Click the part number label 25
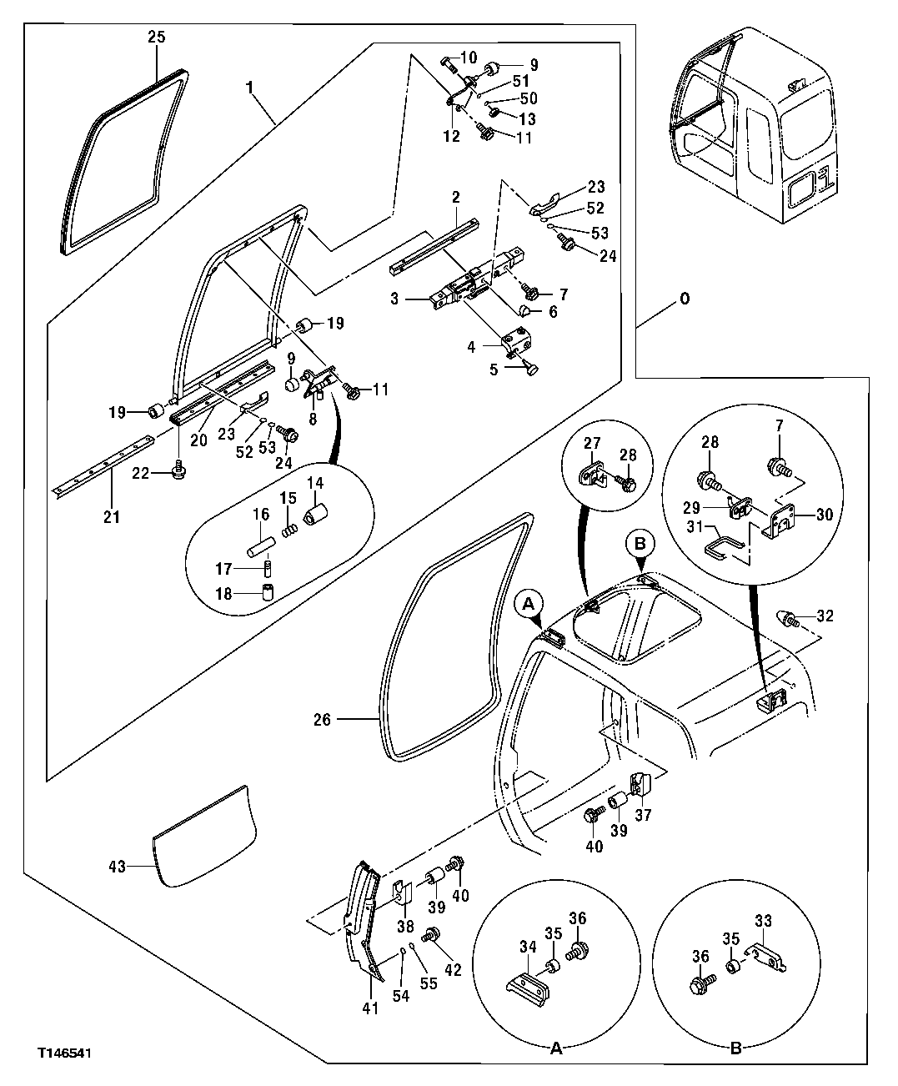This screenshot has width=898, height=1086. coord(157,37)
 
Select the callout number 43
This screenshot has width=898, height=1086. coord(117,867)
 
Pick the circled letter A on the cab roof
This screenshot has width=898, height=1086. coord(529,603)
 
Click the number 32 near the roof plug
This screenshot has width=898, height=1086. coord(825,616)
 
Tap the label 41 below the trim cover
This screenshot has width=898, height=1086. coord(370,1008)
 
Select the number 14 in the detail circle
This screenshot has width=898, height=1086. coord(317,483)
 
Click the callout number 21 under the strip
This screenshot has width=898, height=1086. coord(112,517)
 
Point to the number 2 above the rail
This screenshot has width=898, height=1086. coord(456,197)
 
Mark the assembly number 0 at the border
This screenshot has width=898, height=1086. coord(685,298)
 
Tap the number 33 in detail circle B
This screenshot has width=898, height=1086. coord(764,922)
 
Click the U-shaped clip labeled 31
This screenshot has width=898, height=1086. coord(724,548)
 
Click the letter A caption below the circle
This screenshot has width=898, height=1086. coord(556,1048)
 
